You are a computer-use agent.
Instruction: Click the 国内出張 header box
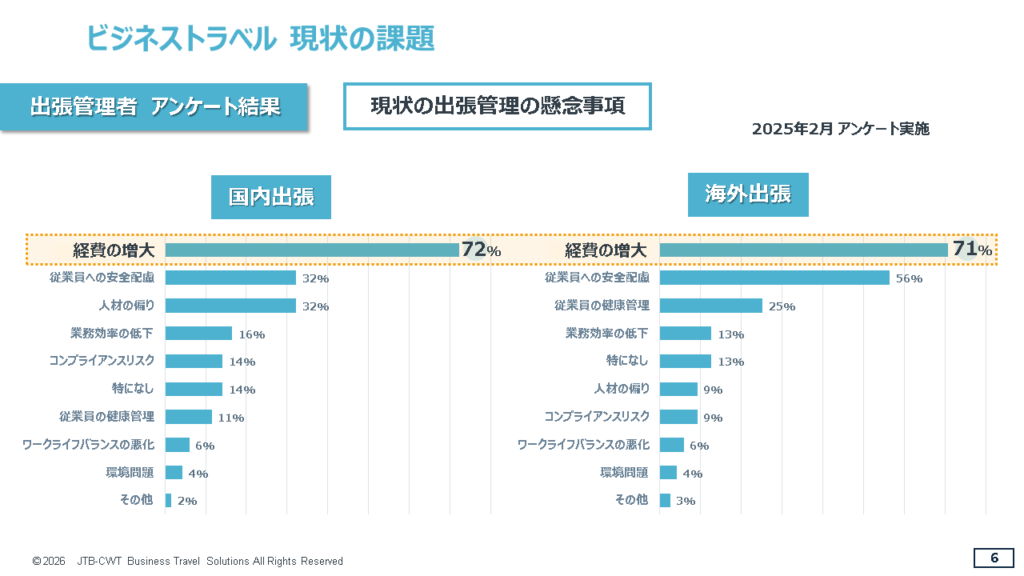coord(271,197)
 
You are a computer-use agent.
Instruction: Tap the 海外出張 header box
coord(748,194)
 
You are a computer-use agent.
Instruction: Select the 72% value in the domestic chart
coord(481,250)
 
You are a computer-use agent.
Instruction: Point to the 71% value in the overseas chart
coord(972,250)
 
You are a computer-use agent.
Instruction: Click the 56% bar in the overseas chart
coord(774,278)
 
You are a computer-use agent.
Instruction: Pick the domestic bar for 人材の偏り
coord(230,306)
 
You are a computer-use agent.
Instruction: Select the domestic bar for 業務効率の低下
coord(198,334)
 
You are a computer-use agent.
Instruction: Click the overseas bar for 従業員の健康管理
coord(711,306)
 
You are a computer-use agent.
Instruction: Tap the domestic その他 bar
coord(168,500)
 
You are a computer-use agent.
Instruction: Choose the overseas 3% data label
coord(686,501)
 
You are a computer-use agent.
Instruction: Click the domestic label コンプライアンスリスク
coord(102,361)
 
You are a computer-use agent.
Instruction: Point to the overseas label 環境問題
coord(624,472)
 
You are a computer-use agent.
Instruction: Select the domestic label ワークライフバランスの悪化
coord(88,444)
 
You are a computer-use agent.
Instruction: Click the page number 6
coord(994,558)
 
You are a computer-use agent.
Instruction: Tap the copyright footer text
coord(187,561)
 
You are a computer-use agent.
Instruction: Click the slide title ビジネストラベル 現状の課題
coord(260,38)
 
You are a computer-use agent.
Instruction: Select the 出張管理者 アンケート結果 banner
coord(154,107)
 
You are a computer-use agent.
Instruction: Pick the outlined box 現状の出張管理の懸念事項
coord(498,106)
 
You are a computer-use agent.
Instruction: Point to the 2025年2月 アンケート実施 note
coord(840,129)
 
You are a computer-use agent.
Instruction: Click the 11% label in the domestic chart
coord(231,418)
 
